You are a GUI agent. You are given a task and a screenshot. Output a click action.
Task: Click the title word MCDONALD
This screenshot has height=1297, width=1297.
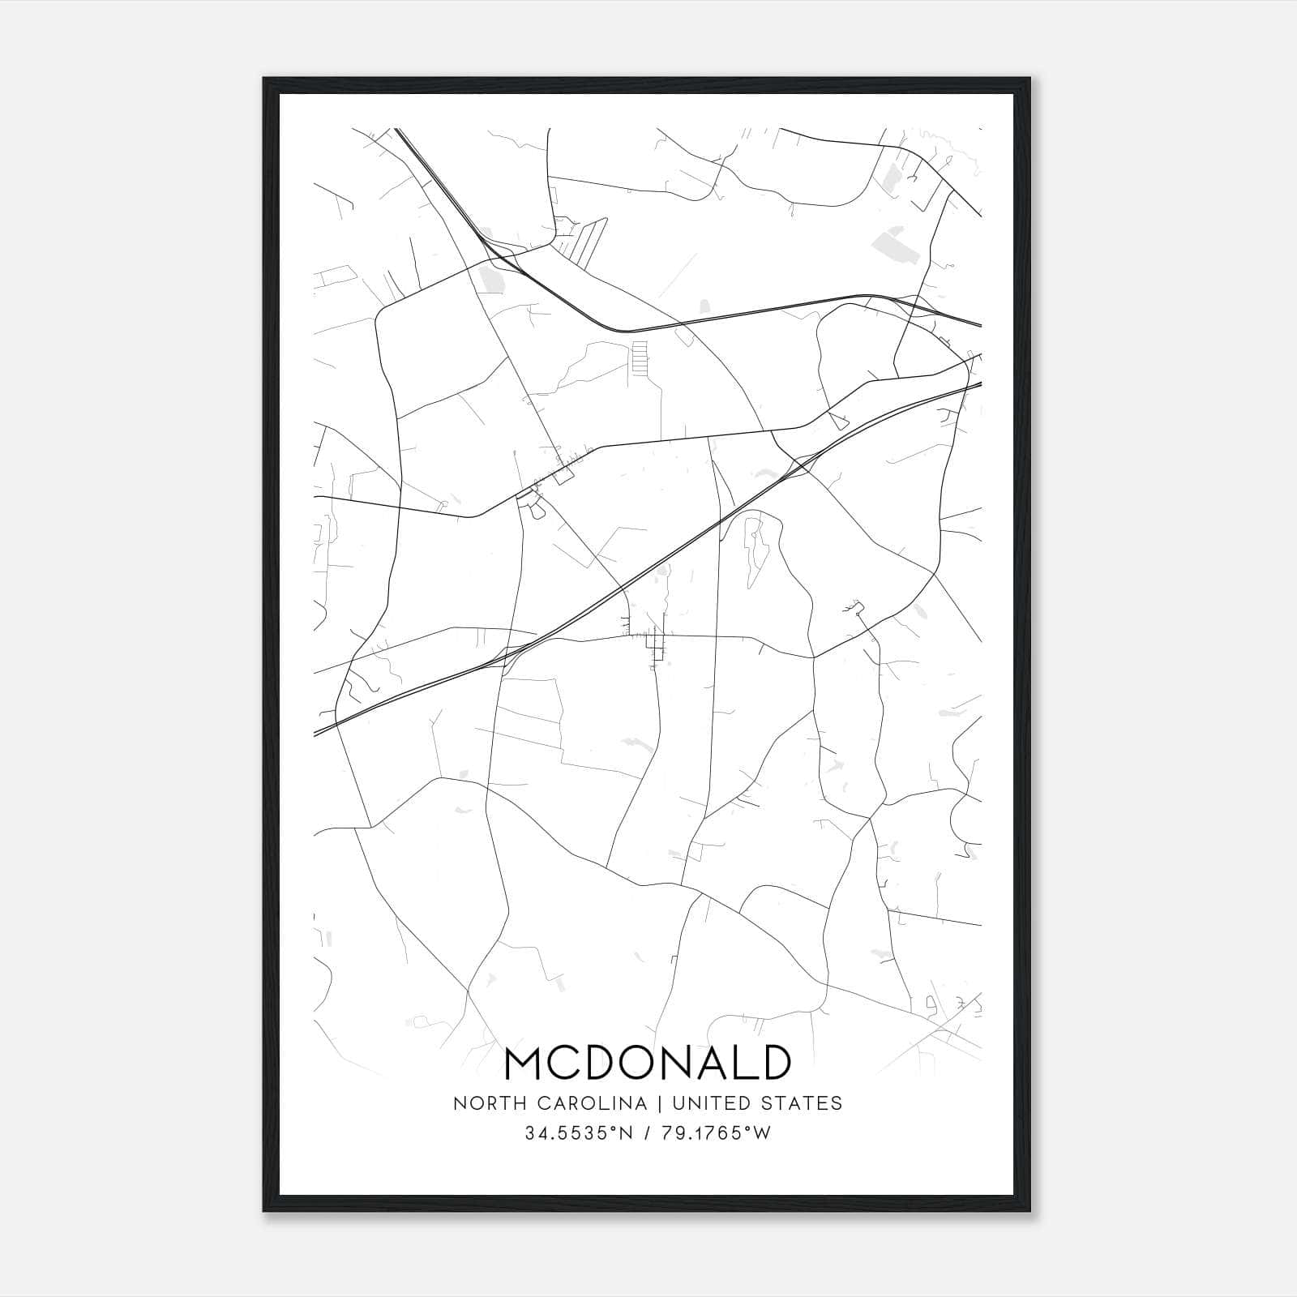click(648, 1063)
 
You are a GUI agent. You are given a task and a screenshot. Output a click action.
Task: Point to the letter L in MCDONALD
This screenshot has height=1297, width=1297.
click(738, 1063)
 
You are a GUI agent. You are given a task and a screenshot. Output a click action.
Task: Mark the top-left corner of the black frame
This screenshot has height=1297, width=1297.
click(264, 79)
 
